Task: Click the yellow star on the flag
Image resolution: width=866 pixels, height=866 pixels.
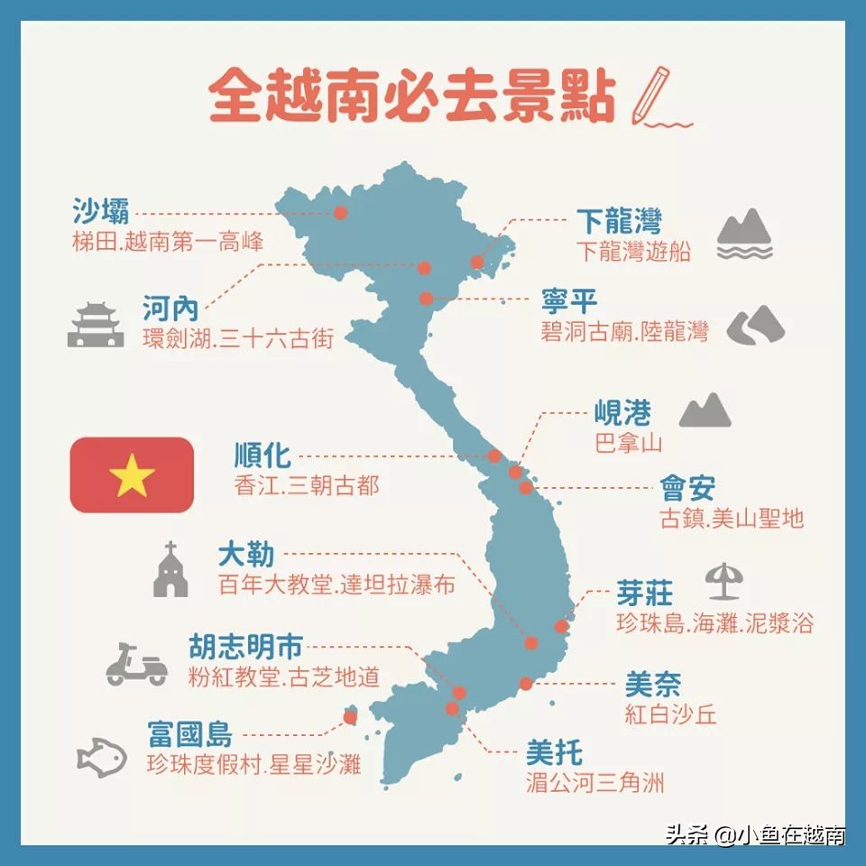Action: coord(132,475)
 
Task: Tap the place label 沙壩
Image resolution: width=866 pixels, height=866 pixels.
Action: coord(100,211)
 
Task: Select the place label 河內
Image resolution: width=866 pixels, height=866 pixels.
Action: coord(170,309)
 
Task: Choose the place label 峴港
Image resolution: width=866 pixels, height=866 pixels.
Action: coord(622,414)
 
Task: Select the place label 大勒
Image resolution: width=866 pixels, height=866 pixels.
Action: coord(245,553)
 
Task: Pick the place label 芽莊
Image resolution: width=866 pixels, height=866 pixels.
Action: coord(644,593)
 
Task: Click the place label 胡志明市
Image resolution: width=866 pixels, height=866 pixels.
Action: coord(245,646)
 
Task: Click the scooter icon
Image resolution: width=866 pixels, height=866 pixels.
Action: coord(136,664)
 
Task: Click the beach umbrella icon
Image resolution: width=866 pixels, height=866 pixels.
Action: coord(723,581)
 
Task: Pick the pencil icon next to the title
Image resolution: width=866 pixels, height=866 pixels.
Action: coord(652,93)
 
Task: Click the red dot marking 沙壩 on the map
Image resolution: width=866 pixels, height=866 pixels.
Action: coord(340,213)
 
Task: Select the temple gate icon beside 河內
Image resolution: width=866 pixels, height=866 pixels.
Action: coord(96,326)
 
